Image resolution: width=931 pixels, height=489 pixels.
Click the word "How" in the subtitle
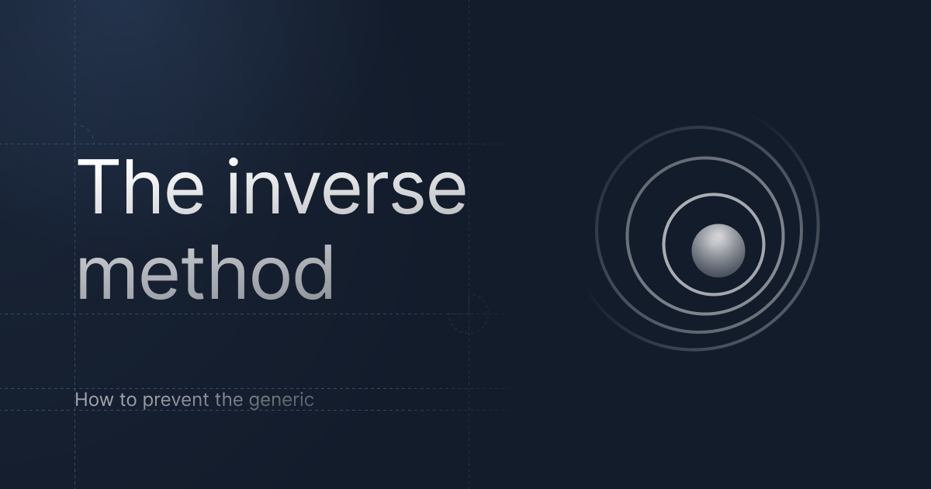[90, 401]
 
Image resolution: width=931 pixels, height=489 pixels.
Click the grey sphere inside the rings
[718, 251]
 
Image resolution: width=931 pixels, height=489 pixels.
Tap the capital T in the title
[97, 187]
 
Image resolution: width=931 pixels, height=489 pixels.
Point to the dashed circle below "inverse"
[469, 314]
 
